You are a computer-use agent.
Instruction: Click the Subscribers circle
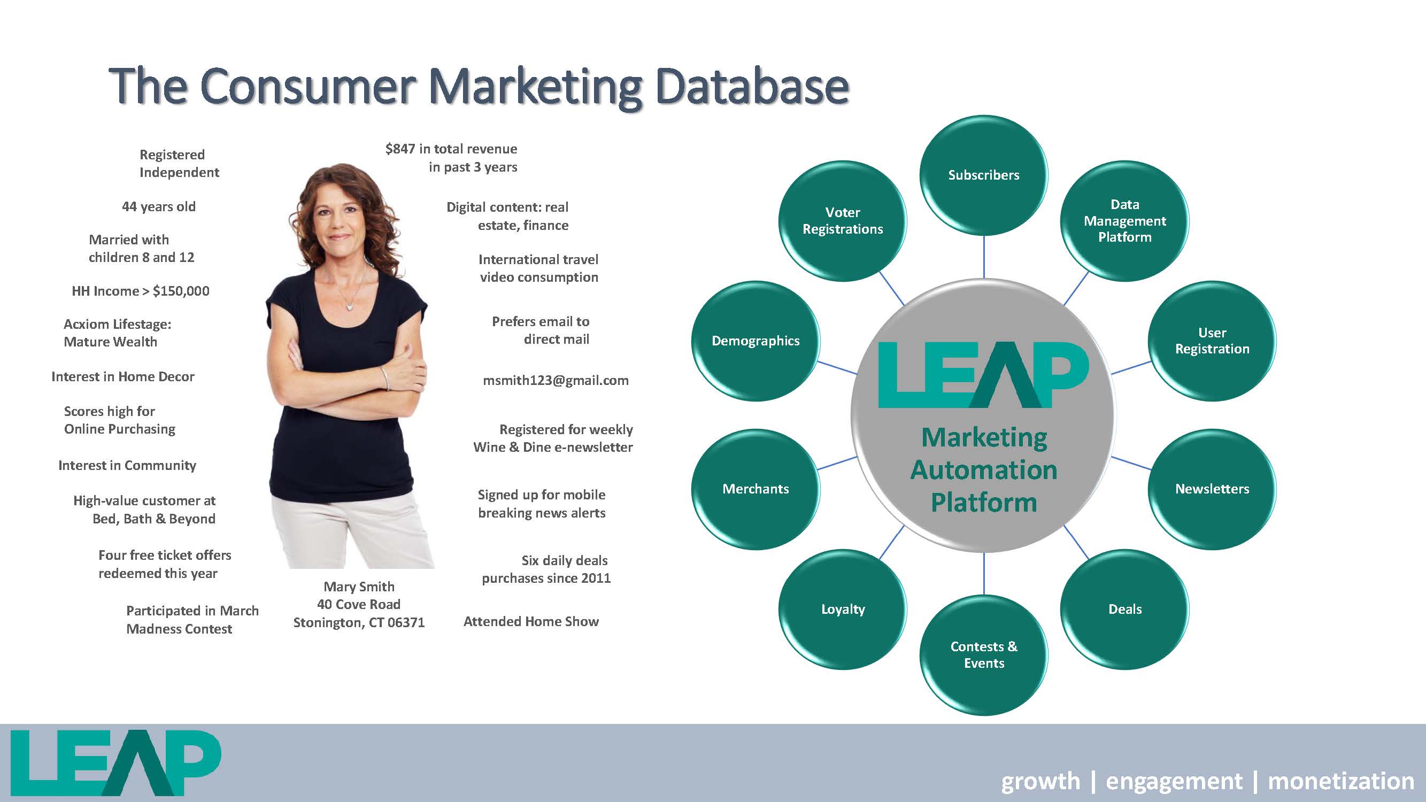coord(984,175)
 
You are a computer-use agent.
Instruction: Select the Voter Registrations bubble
coord(843,221)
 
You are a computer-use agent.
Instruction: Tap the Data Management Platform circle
coord(1125,221)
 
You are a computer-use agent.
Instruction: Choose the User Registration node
coord(1212,341)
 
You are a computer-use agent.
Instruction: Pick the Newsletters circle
coord(1212,489)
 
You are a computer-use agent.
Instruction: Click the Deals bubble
coord(1125,610)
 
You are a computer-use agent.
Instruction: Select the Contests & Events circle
coord(984,656)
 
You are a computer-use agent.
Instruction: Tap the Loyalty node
coord(843,610)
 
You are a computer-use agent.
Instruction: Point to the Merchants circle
coord(756,489)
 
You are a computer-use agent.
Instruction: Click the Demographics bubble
coord(756,341)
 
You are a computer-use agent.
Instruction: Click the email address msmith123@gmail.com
coord(556,380)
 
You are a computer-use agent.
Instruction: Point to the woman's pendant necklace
coord(349,303)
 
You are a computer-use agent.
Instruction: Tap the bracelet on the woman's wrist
coord(384,378)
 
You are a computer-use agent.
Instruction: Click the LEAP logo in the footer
coord(115,763)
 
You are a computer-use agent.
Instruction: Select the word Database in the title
coord(752,86)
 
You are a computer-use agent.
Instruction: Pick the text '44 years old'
coord(159,207)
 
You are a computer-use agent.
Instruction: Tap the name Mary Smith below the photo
coord(359,587)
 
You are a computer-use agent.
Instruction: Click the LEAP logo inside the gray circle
coord(984,375)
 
